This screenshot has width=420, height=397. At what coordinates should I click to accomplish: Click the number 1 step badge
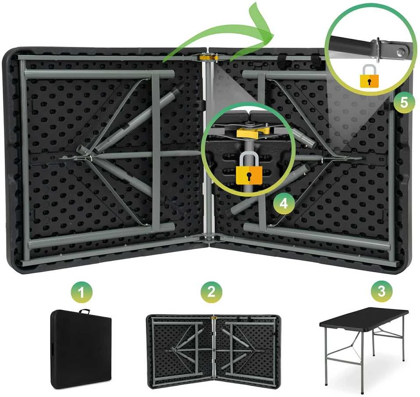pyautogui.click(x=82, y=292)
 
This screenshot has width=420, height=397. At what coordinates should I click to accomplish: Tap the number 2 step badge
pyautogui.click(x=211, y=292)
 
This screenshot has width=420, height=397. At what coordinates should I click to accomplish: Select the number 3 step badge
pyautogui.click(x=382, y=291)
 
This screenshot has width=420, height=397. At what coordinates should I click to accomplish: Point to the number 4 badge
pyautogui.click(x=284, y=204)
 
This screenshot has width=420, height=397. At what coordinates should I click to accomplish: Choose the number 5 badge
pyautogui.click(x=404, y=102)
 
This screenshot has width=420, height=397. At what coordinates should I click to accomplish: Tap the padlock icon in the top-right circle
pyautogui.click(x=370, y=76)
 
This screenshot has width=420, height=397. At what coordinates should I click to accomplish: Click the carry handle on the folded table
pyautogui.click(x=85, y=312)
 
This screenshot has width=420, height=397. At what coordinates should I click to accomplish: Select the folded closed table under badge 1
pyautogui.click(x=81, y=349)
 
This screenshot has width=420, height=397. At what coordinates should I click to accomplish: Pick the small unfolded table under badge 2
pyautogui.click(x=214, y=352)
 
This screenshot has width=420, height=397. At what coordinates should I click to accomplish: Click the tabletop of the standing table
pyautogui.click(x=364, y=319)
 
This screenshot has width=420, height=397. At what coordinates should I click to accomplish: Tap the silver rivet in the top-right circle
pyautogui.click(x=401, y=51)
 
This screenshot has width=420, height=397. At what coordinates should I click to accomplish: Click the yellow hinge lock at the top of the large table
pyautogui.click(x=208, y=57)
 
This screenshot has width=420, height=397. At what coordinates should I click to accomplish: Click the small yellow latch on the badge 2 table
pyautogui.click(x=214, y=318)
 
